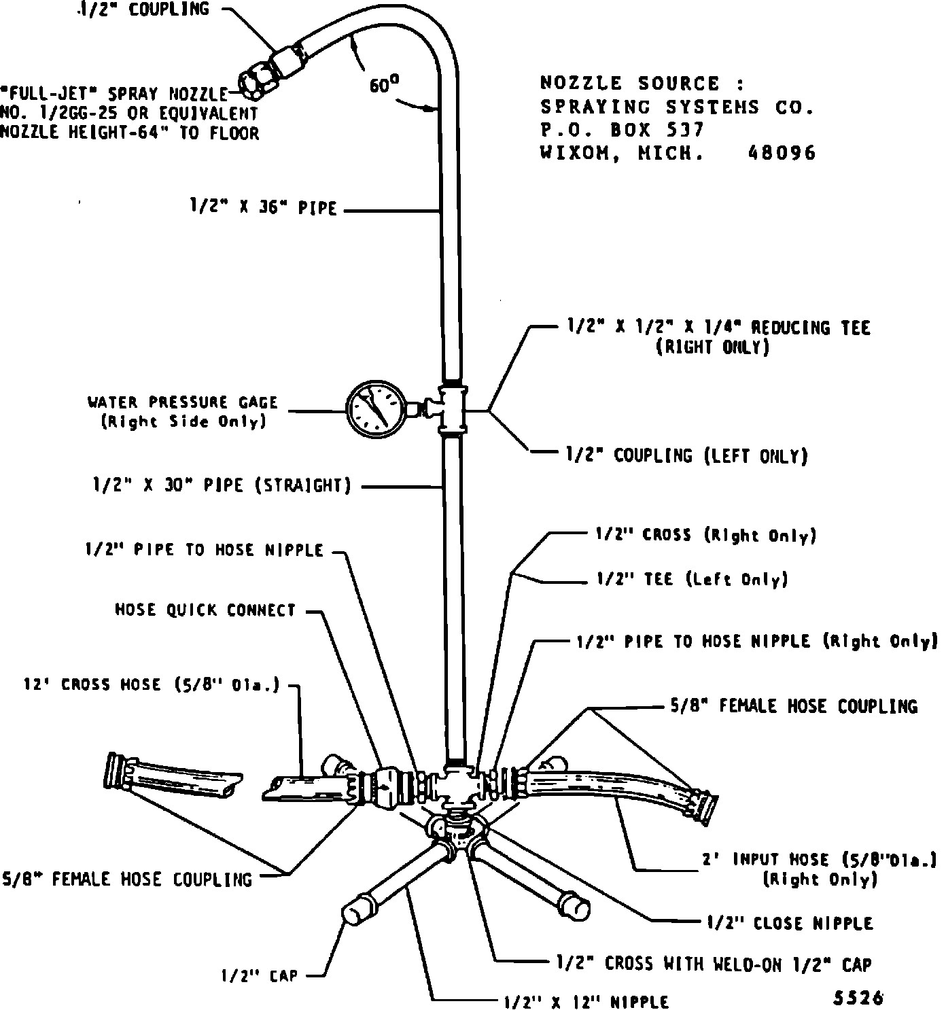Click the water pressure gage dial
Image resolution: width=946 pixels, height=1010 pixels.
coord(374,408)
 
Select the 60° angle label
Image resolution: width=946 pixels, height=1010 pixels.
coord(384,84)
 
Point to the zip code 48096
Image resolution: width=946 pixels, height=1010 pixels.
coord(782,153)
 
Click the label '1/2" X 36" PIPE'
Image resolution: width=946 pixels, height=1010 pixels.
coord(264,207)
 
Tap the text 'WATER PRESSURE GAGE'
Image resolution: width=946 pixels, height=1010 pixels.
coord(183,402)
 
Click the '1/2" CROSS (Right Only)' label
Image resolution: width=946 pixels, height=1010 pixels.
coord(706,535)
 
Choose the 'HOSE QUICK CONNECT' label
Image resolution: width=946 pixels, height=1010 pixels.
coord(205,610)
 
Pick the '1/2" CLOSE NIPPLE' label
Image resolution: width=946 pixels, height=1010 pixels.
coord(790,923)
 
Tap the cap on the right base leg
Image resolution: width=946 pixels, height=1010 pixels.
coord(575,907)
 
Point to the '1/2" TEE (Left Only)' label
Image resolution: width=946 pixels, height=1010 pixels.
coord(692,579)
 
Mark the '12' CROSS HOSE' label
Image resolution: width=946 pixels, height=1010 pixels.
coord(152,684)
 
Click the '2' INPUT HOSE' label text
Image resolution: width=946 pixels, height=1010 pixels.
coord(821,860)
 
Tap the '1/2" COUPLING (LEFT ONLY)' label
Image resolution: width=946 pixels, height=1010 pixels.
coord(687,455)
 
